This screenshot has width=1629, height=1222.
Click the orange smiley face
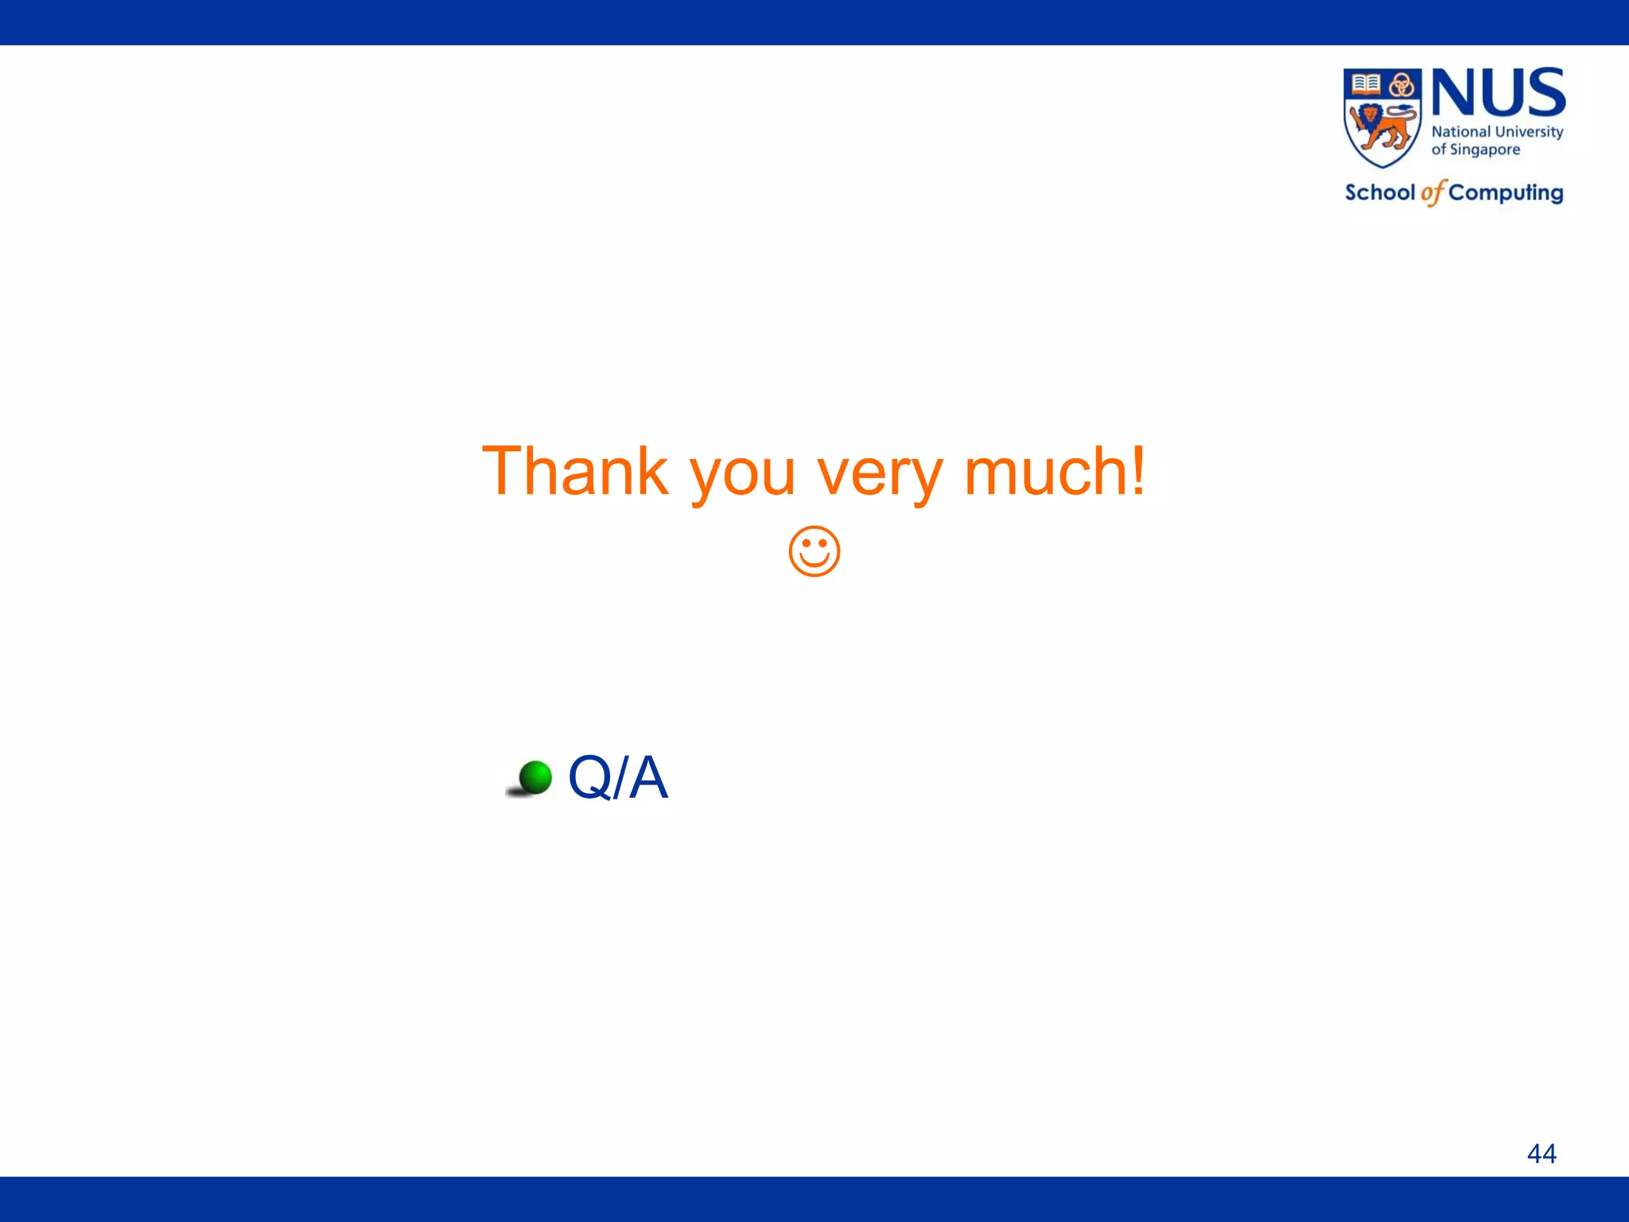[814, 551]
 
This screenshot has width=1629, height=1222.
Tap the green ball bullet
[535, 777]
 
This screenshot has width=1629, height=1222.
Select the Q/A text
[618, 777]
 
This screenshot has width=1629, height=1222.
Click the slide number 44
[1542, 1153]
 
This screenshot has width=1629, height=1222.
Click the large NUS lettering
[1499, 93]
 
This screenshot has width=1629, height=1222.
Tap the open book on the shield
[1366, 83]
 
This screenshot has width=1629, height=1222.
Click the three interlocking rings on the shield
[1402, 84]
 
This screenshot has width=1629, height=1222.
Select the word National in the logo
[1460, 132]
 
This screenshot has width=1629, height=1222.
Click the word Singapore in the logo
[1485, 150]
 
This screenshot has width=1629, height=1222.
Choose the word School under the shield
[1380, 193]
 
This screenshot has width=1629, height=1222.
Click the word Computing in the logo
[1506, 193]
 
